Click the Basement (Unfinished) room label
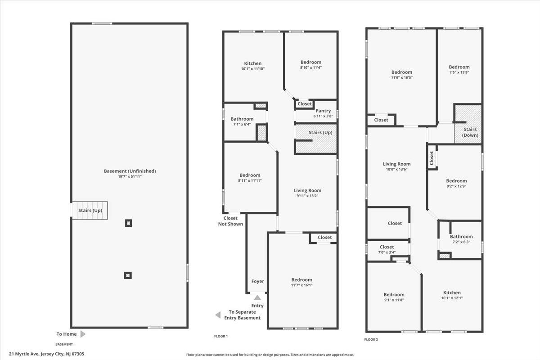click(x=130, y=171)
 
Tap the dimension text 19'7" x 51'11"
click(x=130, y=176)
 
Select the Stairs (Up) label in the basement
click(x=90, y=210)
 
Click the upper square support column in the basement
click(x=129, y=223)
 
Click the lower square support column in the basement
click(x=128, y=275)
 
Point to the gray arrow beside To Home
click(x=83, y=334)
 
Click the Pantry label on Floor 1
click(x=323, y=111)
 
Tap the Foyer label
click(x=257, y=281)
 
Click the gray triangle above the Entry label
click(x=257, y=297)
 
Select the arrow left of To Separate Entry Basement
click(x=218, y=315)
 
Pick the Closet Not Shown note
click(x=230, y=221)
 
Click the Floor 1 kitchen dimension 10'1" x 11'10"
click(x=252, y=69)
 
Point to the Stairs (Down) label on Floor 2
click(x=470, y=132)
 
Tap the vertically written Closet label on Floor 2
click(x=432, y=158)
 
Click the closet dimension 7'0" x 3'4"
click(x=387, y=252)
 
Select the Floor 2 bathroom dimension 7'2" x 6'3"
click(x=461, y=242)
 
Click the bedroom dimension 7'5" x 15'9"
click(x=459, y=72)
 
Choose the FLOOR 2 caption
click(x=371, y=339)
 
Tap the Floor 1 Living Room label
click(x=307, y=190)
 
